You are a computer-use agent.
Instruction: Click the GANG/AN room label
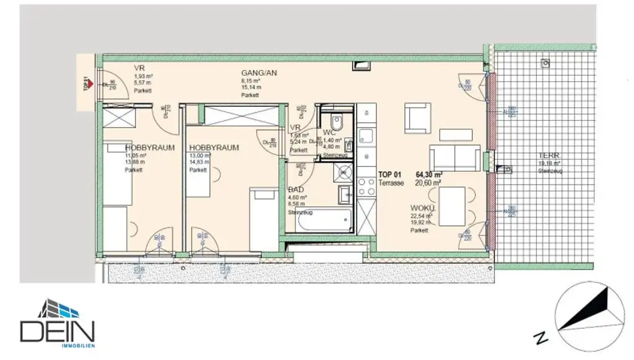click(x=259, y=72)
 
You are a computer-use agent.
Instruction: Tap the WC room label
click(x=329, y=133)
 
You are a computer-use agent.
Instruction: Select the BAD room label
click(x=296, y=190)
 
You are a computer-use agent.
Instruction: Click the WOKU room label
click(x=422, y=208)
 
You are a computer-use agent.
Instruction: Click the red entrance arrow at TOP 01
click(x=90, y=82)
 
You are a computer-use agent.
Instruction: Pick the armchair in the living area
click(x=417, y=118)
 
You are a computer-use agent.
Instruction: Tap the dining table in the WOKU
click(x=452, y=207)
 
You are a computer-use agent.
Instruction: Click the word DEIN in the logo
click(x=57, y=331)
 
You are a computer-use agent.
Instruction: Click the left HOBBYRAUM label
click(x=150, y=148)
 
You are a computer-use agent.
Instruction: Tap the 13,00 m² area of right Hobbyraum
click(x=199, y=156)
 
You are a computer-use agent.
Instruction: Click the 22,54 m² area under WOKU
click(x=419, y=216)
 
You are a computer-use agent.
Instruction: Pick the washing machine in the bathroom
click(x=342, y=172)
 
